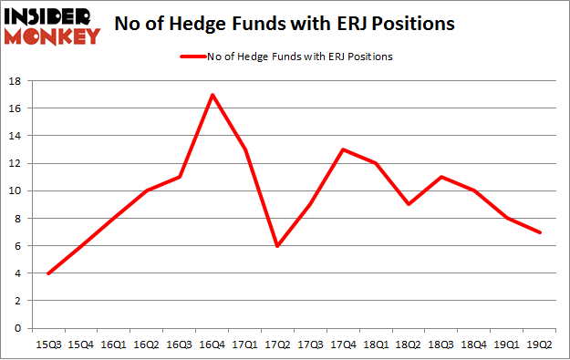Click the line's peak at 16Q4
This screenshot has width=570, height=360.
(x=212, y=95)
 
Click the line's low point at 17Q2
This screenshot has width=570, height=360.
(x=277, y=245)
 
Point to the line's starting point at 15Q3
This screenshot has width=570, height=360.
(x=48, y=273)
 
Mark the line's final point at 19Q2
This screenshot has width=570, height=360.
(x=539, y=231)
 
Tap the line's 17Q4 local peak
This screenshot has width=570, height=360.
(x=343, y=149)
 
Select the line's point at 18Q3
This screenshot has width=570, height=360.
(x=440, y=177)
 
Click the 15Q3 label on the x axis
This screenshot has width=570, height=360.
(x=48, y=344)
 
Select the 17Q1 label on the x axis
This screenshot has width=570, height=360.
(x=244, y=344)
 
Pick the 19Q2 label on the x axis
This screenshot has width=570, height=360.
(x=539, y=344)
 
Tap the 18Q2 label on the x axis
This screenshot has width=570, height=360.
(x=408, y=344)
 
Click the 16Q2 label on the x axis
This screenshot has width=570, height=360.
(x=147, y=344)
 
